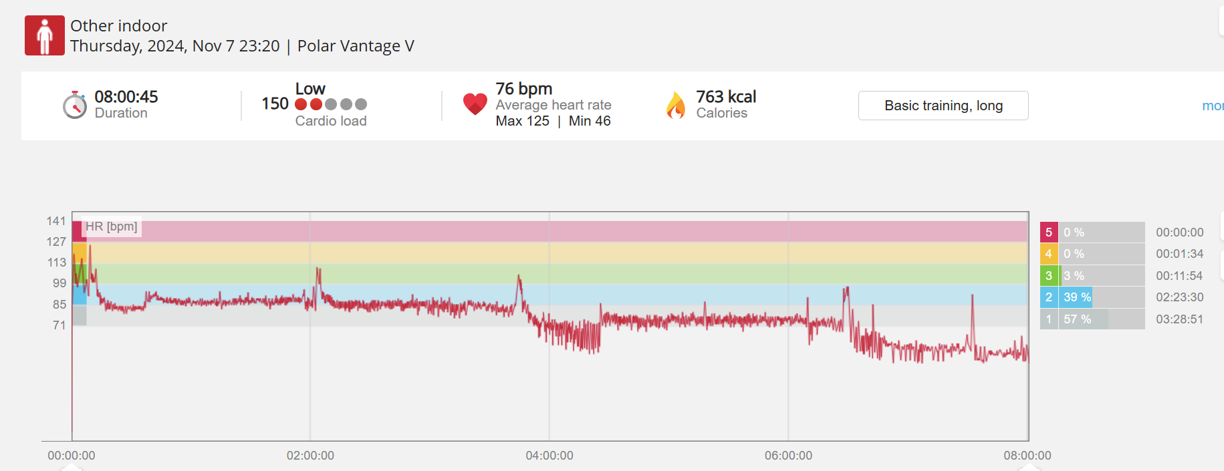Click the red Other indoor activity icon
[45, 35]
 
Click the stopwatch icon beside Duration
[75, 105]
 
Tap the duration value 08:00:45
[126, 97]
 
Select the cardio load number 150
[275, 104]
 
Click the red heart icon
[475, 104]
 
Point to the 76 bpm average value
[523, 89]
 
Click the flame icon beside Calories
[676, 105]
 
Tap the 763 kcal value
[726, 97]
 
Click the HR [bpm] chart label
[112, 226]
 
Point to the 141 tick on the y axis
[56, 221]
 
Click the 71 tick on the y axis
[59, 325]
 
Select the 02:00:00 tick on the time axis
[310, 456]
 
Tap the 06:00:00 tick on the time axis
[788, 456]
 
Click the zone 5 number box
[1048, 232]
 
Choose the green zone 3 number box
[1048, 276]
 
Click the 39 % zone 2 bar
[1076, 297]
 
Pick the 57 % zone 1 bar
[1083, 319]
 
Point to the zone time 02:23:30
[1179, 297]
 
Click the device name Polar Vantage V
[356, 46]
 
